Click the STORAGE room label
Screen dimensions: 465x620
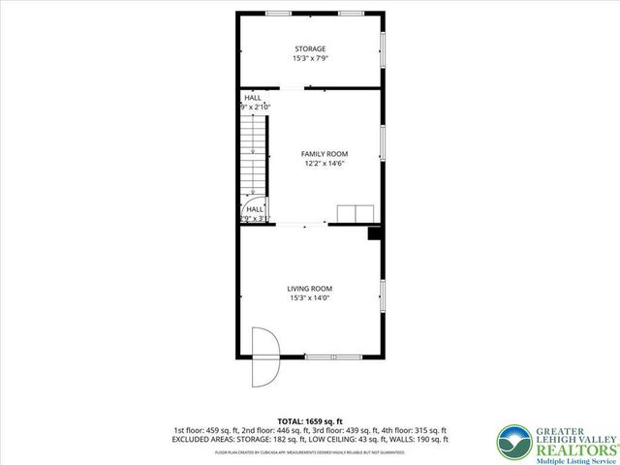pyautogui.click(x=310, y=48)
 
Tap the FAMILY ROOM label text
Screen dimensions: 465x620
pyautogui.click(x=324, y=154)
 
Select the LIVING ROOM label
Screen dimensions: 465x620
pyautogui.click(x=309, y=289)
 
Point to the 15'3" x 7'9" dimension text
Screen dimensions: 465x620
pyautogui.click(x=310, y=59)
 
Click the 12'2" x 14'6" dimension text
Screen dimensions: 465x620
pyautogui.click(x=324, y=164)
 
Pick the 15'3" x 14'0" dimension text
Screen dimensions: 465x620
pyautogui.click(x=309, y=298)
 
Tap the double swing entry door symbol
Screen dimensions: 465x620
pyautogui.click(x=264, y=355)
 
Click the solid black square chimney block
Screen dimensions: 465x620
pyautogui.click(x=374, y=232)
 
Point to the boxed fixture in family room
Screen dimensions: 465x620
pyautogui.click(x=356, y=214)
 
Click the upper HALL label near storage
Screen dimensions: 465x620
pyautogui.click(x=252, y=98)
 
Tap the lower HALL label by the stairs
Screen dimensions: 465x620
pyautogui.click(x=255, y=209)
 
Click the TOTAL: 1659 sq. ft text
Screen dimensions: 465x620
pyautogui.click(x=309, y=421)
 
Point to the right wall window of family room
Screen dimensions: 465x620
pyautogui.click(x=383, y=142)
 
